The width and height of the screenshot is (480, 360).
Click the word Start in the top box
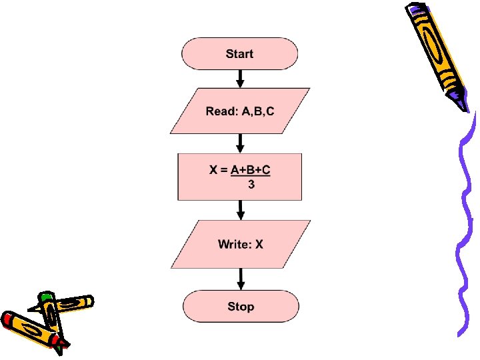(x=239, y=53)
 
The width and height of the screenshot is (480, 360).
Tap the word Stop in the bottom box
(x=240, y=307)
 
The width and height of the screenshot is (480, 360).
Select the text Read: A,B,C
(x=240, y=111)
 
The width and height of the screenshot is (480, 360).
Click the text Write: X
(x=240, y=245)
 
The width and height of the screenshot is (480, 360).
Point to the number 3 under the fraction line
(x=251, y=185)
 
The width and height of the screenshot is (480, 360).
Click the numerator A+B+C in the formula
(x=250, y=170)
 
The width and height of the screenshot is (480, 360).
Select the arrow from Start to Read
(x=240, y=79)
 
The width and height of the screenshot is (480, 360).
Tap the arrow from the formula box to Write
(x=240, y=211)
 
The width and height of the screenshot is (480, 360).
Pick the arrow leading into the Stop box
(x=240, y=279)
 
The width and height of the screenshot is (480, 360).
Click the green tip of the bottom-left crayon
(x=45, y=295)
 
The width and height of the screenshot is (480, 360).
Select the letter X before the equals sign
(x=214, y=170)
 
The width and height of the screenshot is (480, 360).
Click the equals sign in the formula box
(x=224, y=170)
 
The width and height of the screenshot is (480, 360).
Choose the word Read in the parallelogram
(x=220, y=111)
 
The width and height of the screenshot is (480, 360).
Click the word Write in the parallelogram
(x=233, y=245)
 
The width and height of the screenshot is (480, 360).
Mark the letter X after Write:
(x=259, y=245)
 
